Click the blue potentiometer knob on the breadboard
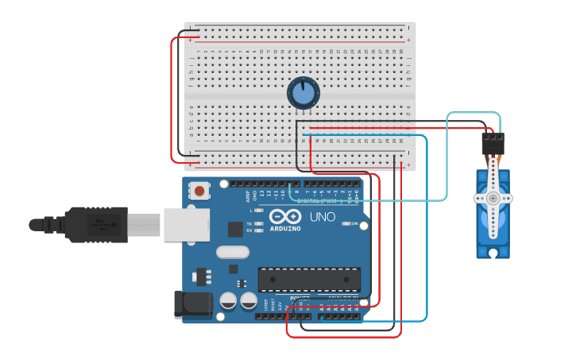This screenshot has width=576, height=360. [303, 94]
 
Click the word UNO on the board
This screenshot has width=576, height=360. [322, 217]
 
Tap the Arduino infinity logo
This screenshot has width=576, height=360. [284, 216]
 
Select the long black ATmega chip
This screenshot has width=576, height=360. [309, 279]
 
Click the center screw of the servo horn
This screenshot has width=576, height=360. [493, 198]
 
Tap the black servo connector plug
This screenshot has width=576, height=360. [493, 144]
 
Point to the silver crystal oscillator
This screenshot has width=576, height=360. [232, 253]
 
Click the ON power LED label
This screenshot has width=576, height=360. [354, 224]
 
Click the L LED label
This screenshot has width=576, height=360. [251, 211]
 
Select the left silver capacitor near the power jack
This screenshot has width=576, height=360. [228, 301]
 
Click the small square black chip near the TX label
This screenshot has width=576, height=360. [235, 229]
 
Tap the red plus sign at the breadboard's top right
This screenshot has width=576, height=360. [409, 40]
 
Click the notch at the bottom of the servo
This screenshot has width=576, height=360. [493, 254]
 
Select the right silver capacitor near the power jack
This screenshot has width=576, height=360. [249, 301]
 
